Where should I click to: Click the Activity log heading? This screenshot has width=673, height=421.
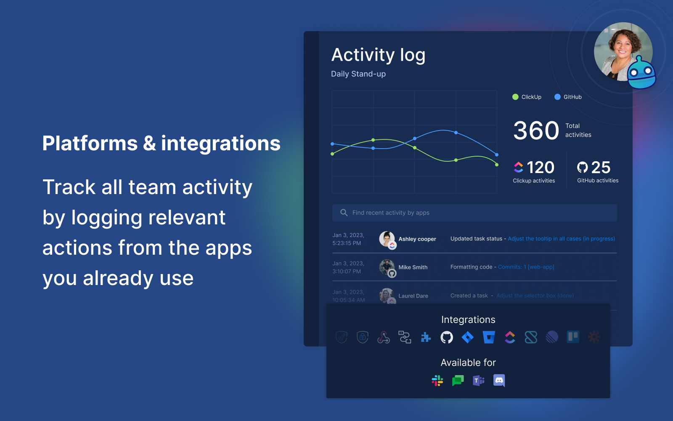(x=378, y=55)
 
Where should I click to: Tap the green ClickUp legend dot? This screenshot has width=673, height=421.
(x=515, y=97)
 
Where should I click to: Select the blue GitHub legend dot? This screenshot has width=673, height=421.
(x=557, y=97)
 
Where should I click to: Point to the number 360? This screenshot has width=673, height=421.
(x=536, y=131)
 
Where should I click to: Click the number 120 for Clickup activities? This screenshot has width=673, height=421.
(x=541, y=168)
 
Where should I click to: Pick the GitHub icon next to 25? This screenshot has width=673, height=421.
(x=583, y=168)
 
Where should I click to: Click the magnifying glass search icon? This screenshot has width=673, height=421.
(x=344, y=213)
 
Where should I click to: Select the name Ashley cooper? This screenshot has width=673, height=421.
(x=417, y=239)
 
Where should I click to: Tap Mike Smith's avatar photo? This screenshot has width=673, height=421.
(x=387, y=266)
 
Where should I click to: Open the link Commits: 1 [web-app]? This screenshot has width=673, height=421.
(x=526, y=267)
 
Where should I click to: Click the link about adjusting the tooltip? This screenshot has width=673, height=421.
(x=561, y=239)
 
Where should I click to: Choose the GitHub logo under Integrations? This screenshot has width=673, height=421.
(x=447, y=337)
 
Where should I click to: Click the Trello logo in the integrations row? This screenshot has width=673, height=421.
(x=573, y=337)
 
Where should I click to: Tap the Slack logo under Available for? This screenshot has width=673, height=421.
(x=437, y=381)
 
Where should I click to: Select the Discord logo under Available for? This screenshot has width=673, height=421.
(x=499, y=381)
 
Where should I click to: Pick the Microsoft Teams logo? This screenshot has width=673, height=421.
(x=479, y=381)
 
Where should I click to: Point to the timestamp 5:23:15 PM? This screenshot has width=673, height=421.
(x=347, y=243)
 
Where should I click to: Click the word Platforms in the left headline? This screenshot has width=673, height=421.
(x=90, y=143)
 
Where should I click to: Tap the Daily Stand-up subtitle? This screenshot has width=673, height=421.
(x=358, y=74)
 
